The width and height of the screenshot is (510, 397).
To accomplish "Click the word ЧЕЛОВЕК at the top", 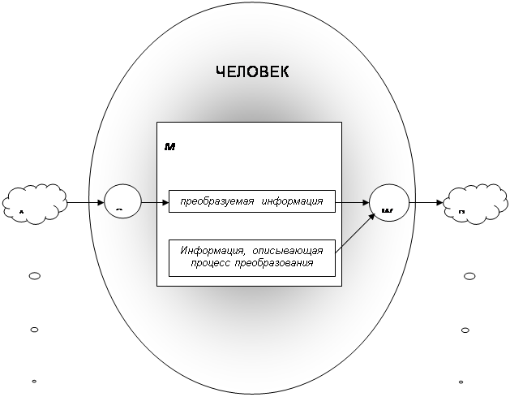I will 251,72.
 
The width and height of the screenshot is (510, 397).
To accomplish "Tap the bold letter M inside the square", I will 170,146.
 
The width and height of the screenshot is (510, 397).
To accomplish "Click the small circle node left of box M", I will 122,201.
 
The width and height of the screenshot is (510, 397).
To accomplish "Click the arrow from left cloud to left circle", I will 85,201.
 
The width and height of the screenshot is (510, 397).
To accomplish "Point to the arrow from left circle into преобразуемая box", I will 154,201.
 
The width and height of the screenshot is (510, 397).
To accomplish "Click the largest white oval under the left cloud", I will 35,276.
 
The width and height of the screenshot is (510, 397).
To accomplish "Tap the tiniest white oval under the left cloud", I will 34,381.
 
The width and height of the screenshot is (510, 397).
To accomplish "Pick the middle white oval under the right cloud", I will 465,330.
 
